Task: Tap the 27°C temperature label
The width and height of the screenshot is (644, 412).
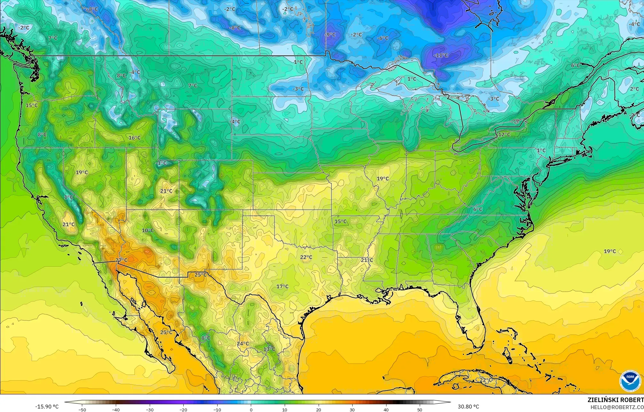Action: click(121, 260)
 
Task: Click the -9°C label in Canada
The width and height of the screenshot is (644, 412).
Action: click(330, 35)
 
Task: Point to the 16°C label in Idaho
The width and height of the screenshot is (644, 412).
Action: click(134, 138)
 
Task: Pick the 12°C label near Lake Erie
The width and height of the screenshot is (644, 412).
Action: click(504, 134)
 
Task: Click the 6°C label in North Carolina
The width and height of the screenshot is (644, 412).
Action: click(478, 209)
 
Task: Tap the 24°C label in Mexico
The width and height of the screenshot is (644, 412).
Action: click(243, 343)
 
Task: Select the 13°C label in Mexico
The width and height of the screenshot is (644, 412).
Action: click(269, 349)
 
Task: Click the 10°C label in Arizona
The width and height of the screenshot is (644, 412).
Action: click(147, 230)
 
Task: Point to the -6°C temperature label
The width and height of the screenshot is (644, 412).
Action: click(383, 38)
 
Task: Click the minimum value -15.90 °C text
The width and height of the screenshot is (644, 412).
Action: click(47, 407)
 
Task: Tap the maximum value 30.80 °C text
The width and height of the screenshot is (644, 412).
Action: click(468, 407)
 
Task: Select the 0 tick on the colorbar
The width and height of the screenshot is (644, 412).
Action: click(251, 410)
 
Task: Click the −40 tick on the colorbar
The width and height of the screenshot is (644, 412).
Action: click(116, 410)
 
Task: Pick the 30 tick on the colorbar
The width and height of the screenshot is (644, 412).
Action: click(352, 410)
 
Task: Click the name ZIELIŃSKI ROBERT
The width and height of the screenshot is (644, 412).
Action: click(616, 400)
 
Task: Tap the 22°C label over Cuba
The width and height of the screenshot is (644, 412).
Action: click(486, 380)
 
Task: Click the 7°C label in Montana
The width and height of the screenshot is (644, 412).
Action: click(193, 85)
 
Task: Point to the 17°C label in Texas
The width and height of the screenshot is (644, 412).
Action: click(282, 286)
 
